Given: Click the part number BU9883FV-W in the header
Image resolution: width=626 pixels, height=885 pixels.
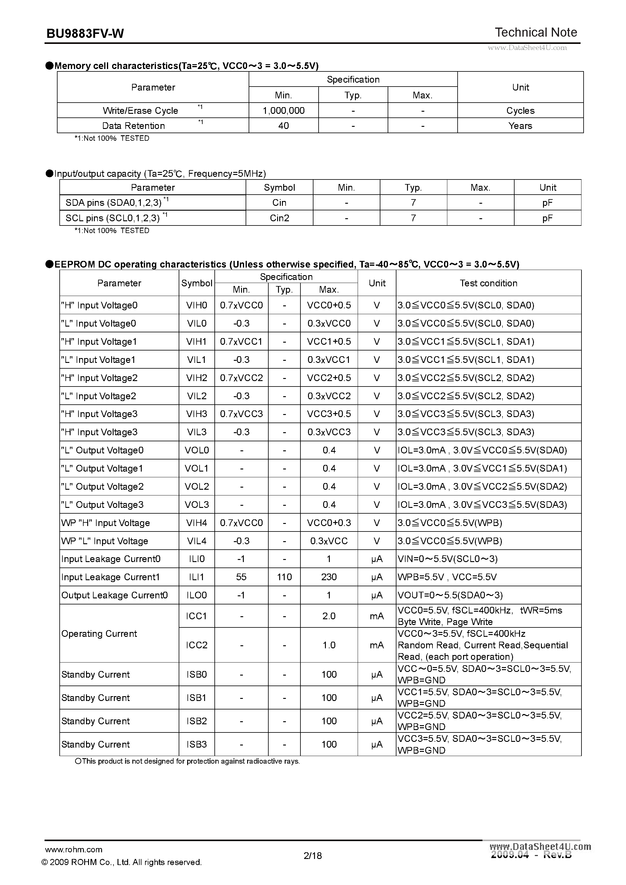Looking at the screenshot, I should [x=85, y=34].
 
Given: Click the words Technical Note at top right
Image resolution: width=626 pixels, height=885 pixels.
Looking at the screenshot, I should [x=536, y=32].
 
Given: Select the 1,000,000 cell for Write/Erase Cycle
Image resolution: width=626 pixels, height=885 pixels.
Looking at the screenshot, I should [x=283, y=111].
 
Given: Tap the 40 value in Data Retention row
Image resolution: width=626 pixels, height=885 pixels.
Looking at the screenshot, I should [x=283, y=126].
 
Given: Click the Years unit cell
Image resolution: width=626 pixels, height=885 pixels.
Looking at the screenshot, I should [x=520, y=126].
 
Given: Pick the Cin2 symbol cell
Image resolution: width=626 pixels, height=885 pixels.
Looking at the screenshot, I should [x=279, y=218].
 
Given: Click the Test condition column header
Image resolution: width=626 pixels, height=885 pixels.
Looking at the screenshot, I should [x=488, y=283].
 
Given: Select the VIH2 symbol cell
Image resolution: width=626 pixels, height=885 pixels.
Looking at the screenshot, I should [x=197, y=378].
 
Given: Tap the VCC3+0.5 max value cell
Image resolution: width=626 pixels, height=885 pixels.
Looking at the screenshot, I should [x=329, y=414].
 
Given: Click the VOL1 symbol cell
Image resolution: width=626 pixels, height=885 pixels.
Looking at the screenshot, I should [x=197, y=468].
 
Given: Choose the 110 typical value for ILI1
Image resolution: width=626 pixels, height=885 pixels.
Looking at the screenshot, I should [x=284, y=577].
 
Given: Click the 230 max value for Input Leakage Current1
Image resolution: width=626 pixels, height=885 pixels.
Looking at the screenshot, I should [x=329, y=577].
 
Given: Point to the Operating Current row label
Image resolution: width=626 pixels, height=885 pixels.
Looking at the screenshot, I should [x=99, y=634].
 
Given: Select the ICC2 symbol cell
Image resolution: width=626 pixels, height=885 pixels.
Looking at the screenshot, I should [x=197, y=645].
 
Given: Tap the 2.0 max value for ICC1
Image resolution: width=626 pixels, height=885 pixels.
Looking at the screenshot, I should [x=329, y=616].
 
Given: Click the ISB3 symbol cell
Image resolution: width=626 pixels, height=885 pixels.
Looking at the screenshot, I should [x=197, y=744].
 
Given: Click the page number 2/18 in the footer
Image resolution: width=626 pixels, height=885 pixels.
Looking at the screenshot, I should [x=313, y=856].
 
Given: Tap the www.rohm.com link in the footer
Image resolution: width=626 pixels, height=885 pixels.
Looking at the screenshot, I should [x=74, y=850].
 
